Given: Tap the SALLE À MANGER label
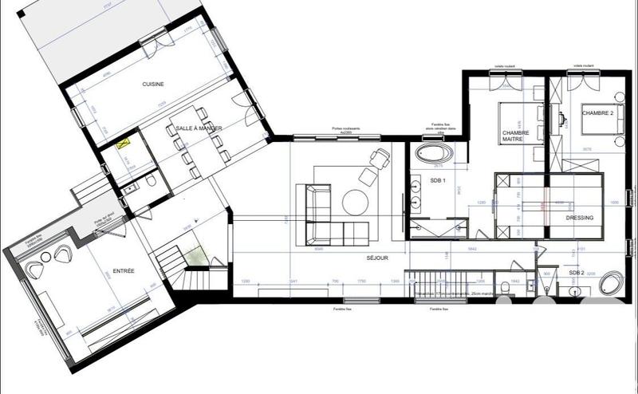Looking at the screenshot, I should [198, 128].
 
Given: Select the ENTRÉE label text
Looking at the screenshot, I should [123, 271].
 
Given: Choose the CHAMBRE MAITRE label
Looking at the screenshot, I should [517, 137].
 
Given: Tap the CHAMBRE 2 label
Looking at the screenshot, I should [597, 114].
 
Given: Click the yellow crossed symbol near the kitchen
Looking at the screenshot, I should [123, 144].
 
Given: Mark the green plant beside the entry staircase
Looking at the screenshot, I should [198, 256].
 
